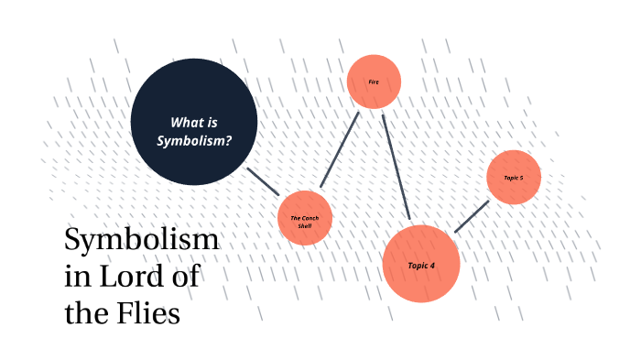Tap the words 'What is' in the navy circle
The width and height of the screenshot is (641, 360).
[193, 121]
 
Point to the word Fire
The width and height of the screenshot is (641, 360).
[374, 82]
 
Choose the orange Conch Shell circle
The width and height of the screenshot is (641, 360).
[303, 218]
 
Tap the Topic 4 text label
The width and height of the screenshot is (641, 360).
[421, 265]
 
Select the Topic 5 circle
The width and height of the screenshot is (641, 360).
[514, 177]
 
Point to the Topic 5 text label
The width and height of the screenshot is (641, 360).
[514, 177]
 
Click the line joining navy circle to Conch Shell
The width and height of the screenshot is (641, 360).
[263, 180]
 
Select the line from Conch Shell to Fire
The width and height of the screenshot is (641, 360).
[339, 149]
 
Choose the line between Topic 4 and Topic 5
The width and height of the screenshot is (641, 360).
[471, 216]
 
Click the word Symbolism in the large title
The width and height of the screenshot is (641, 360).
[141, 241]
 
